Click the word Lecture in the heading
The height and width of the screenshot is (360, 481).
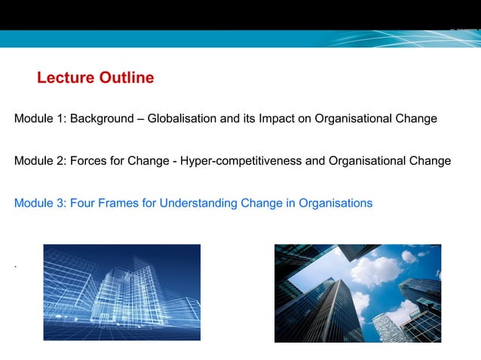click(65, 78)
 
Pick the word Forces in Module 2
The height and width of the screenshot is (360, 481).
click(87, 161)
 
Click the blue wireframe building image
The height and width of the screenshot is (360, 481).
click(122, 292)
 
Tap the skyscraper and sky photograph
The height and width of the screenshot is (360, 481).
click(357, 293)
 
